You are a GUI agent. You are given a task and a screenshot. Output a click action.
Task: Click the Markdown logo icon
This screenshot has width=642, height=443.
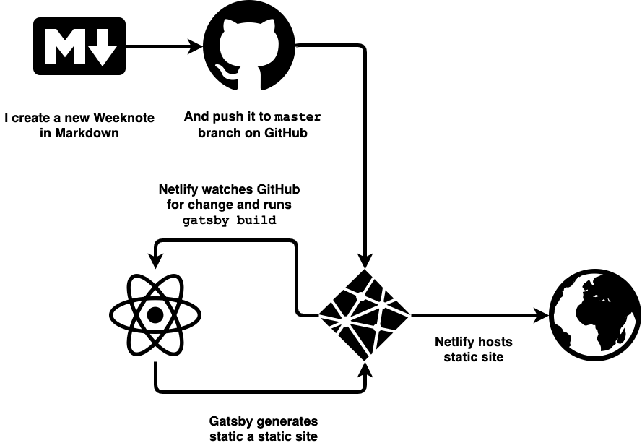coord(79,46)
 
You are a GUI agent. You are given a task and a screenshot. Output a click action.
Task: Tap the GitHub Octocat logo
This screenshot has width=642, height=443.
coord(249,48)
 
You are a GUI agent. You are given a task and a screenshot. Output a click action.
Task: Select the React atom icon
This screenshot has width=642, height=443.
coord(155,316)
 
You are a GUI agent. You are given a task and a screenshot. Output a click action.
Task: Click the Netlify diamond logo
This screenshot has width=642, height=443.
coord(365,315)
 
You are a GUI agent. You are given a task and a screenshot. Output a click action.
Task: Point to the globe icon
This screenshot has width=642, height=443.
coord(594,316)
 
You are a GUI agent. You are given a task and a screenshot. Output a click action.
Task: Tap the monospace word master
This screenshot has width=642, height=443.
coord(298,117)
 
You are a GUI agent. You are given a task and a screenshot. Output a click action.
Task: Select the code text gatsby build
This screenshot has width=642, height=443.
coord(229,220)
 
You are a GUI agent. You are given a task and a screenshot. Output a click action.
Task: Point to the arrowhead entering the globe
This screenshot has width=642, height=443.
coord(541,316)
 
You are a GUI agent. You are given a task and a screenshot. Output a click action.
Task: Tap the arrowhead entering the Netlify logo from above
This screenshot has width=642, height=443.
coord(365,262)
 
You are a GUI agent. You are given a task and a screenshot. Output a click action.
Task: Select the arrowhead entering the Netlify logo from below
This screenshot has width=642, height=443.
coord(365,369)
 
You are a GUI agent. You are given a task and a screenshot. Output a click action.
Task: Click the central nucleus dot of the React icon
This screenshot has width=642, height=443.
coord(155,316)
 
